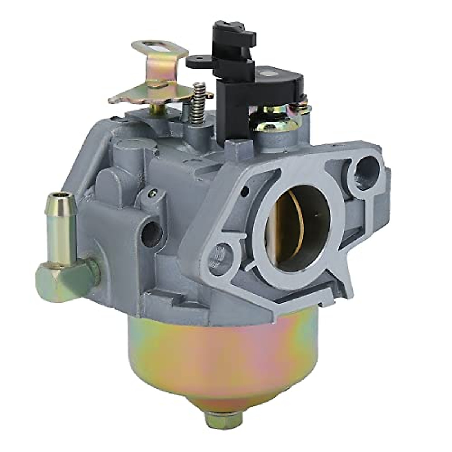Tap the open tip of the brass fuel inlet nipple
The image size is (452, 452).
point(60,196)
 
